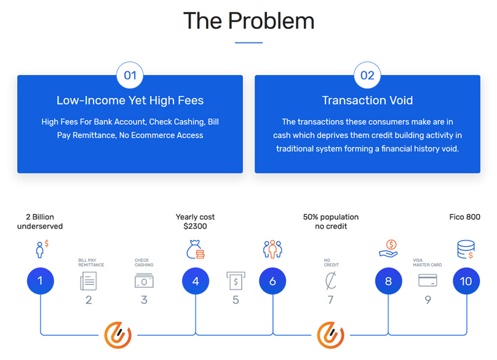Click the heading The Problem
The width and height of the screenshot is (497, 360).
click(248, 21)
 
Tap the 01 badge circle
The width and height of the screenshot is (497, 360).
click(130, 75)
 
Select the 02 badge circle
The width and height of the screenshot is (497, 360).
click(367, 75)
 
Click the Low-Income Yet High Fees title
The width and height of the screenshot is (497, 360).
click(130, 100)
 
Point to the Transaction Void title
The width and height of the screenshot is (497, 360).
click(367, 100)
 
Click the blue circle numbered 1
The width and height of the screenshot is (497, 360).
click(41, 281)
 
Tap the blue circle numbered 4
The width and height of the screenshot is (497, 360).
click(196, 281)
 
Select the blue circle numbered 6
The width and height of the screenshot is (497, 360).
click(272, 281)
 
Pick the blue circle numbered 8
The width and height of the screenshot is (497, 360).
click(389, 281)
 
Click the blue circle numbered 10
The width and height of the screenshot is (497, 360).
click(466, 281)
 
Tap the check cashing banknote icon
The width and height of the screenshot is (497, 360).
click(144, 281)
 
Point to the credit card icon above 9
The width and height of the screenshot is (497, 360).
click(427, 281)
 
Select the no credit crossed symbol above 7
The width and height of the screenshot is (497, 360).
click(330, 281)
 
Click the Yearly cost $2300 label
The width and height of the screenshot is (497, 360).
click(195, 222)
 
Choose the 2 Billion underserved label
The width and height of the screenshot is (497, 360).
click(44, 222)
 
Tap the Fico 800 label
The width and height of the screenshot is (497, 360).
click(465, 217)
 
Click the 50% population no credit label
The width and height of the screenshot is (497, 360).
click(330, 222)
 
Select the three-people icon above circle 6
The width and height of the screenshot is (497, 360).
click(272, 249)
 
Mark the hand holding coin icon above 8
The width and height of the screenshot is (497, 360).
click(389, 249)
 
